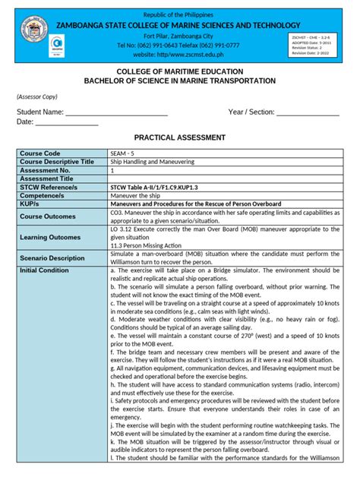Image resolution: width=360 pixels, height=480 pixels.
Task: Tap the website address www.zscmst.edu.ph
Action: pos(180,55)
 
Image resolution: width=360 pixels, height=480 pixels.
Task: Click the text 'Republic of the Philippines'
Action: pos(180,14)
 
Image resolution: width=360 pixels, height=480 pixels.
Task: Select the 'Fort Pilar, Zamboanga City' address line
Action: pos(180,35)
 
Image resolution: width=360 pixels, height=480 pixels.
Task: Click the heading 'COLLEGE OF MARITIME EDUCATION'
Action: pos(180,71)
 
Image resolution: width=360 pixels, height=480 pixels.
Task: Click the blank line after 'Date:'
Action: pos(68,123)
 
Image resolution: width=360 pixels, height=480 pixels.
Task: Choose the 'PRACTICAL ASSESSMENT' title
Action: pos(180,137)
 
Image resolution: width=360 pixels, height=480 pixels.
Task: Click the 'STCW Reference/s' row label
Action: pos(52,187)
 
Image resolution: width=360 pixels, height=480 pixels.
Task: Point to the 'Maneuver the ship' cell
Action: pos(137,195)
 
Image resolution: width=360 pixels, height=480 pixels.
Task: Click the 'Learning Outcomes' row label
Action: pos(52,238)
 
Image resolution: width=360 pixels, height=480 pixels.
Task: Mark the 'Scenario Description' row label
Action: pos(52,258)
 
